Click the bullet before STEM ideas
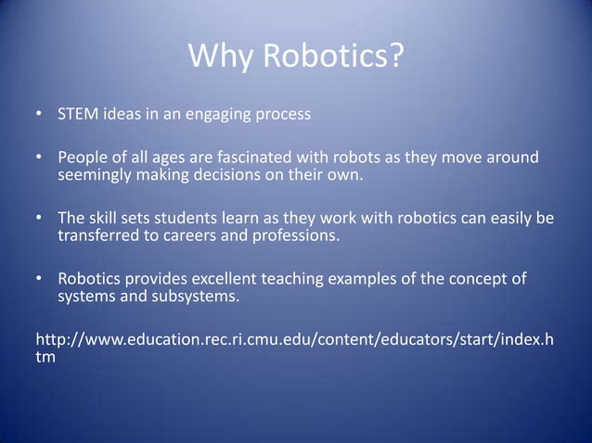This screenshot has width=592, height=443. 38,117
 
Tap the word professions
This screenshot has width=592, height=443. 302,235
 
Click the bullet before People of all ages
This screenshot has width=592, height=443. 38,158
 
